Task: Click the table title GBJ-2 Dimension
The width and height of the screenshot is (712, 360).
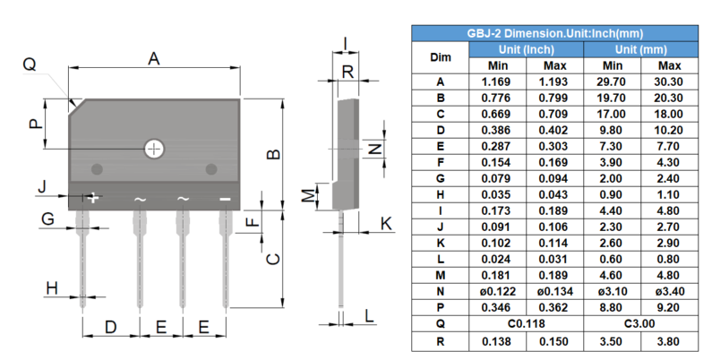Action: [x=554, y=33]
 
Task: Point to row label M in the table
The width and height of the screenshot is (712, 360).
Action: [x=440, y=276]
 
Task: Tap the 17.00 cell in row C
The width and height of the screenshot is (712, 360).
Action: [x=613, y=114]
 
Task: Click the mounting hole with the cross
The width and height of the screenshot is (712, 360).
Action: [x=155, y=149]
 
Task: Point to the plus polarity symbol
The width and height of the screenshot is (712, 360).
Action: [x=93, y=198]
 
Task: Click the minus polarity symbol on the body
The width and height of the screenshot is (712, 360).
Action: [x=225, y=198]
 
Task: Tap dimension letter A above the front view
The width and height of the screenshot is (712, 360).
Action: [x=154, y=59]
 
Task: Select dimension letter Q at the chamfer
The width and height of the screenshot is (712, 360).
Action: [x=30, y=64]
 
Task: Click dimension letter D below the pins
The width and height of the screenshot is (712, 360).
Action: [x=109, y=327]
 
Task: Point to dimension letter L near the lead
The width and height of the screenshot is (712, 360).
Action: [x=369, y=314]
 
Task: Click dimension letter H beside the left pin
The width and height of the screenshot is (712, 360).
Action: [x=52, y=287]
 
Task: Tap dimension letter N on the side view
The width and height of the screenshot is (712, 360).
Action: [x=377, y=149]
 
